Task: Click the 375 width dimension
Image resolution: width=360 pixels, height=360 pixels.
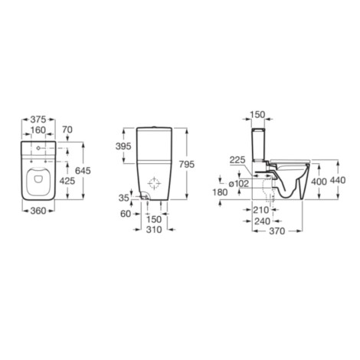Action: [x=38, y=119]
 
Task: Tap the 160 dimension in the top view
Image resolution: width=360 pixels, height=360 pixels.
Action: [x=38, y=130]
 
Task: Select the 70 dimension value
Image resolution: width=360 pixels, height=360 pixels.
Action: [x=67, y=129]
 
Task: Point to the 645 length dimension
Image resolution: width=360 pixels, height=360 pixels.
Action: [x=83, y=171]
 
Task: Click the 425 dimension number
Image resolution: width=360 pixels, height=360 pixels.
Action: [x=67, y=181]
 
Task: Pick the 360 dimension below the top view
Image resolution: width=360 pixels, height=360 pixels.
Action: [x=38, y=211]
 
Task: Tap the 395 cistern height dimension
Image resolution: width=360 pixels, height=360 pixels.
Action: [x=123, y=146]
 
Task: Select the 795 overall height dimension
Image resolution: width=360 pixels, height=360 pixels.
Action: [x=187, y=165]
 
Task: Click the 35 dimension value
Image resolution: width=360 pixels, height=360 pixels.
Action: [x=124, y=198]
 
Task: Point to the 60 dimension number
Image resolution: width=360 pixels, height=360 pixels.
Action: [x=126, y=214]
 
